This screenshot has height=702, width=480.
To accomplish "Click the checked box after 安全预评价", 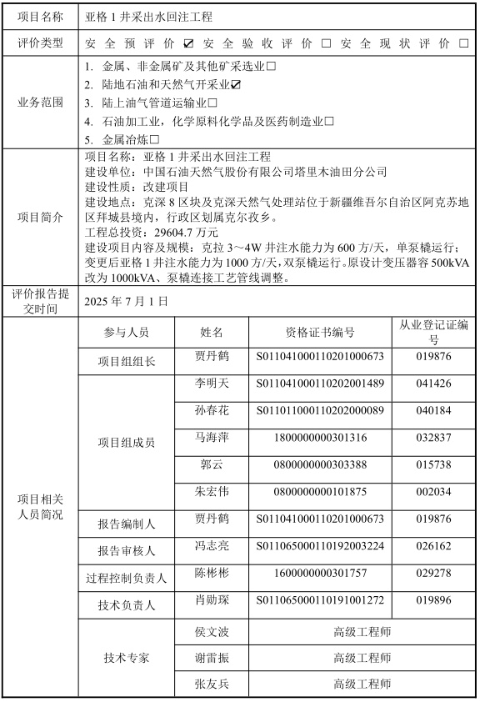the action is coord(189,43).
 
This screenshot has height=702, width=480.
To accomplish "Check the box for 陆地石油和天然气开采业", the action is coord(237,84).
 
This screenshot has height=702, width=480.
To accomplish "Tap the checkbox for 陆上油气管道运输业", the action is coord(212,103).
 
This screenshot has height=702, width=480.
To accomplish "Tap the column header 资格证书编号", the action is coord(320,332).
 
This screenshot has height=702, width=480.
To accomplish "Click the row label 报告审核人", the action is coord(127,550).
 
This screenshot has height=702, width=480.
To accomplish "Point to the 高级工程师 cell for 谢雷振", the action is coord(362,658).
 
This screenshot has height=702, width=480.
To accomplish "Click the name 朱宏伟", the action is coord(212,491).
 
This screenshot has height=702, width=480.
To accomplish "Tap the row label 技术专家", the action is coord(127,658).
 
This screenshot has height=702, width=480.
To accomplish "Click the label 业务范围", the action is coord(41,103).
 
